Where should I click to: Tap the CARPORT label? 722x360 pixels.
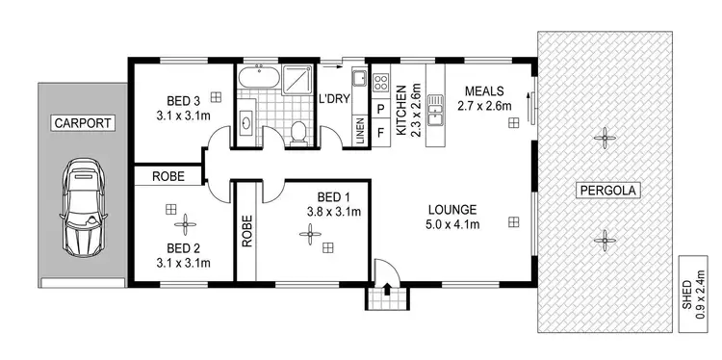(82, 122)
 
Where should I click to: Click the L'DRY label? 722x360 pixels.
(335, 98)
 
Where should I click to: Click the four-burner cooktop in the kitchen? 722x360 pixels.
(380, 82)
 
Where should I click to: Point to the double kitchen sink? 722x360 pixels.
(434, 110)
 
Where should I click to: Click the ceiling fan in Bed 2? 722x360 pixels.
(183, 228)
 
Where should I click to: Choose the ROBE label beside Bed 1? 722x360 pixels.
(247, 231)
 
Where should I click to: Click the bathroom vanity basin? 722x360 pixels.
(246, 122)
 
